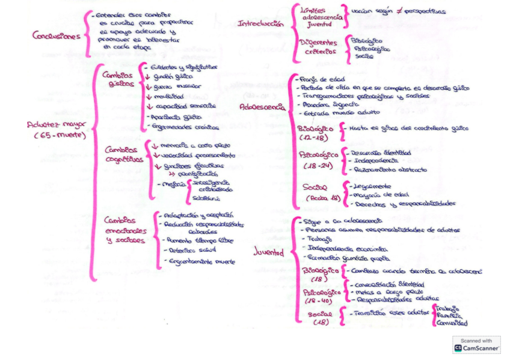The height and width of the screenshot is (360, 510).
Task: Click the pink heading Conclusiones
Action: [x=56, y=35]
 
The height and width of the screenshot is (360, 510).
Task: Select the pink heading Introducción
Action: [x=260, y=24]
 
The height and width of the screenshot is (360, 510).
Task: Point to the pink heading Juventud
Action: [x=268, y=252]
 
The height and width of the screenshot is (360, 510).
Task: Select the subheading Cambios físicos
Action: [x=117, y=80]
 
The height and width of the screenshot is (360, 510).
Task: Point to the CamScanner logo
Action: [x=476, y=344]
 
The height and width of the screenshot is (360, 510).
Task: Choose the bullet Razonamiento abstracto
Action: [x=389, y=170]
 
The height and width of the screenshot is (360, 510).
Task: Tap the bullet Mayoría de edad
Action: [x=375, y=194]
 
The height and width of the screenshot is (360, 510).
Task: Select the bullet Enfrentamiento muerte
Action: [x=200, y=261]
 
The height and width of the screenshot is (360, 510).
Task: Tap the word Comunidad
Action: [x=451, y=322]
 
